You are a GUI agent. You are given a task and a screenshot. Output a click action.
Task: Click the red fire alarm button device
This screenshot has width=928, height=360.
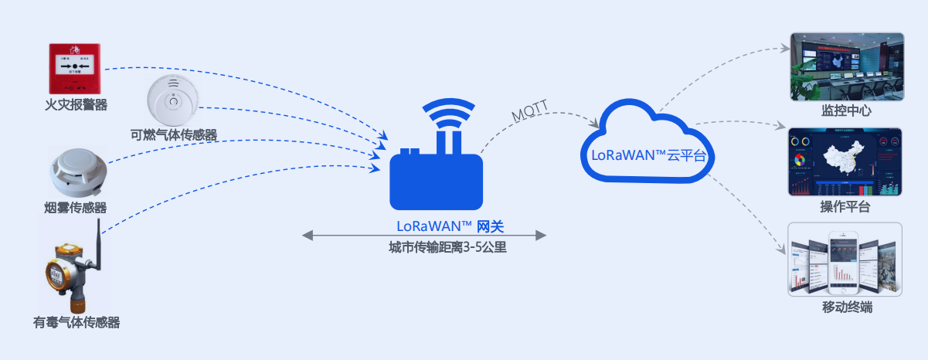tap(75, 69)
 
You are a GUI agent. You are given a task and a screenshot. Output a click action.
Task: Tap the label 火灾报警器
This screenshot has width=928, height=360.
tap(76, 104)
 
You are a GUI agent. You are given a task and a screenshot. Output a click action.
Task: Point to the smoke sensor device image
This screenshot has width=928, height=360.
tap(75, 172)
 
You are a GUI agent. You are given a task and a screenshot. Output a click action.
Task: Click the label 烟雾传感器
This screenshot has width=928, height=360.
tap(76, 208)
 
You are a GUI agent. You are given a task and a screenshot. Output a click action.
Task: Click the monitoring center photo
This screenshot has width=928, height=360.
tap(846, 66)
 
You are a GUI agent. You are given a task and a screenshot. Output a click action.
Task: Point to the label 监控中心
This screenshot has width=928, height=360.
tap(846, 110)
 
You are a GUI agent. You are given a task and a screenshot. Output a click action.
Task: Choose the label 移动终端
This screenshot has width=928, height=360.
tap(847, 307)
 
